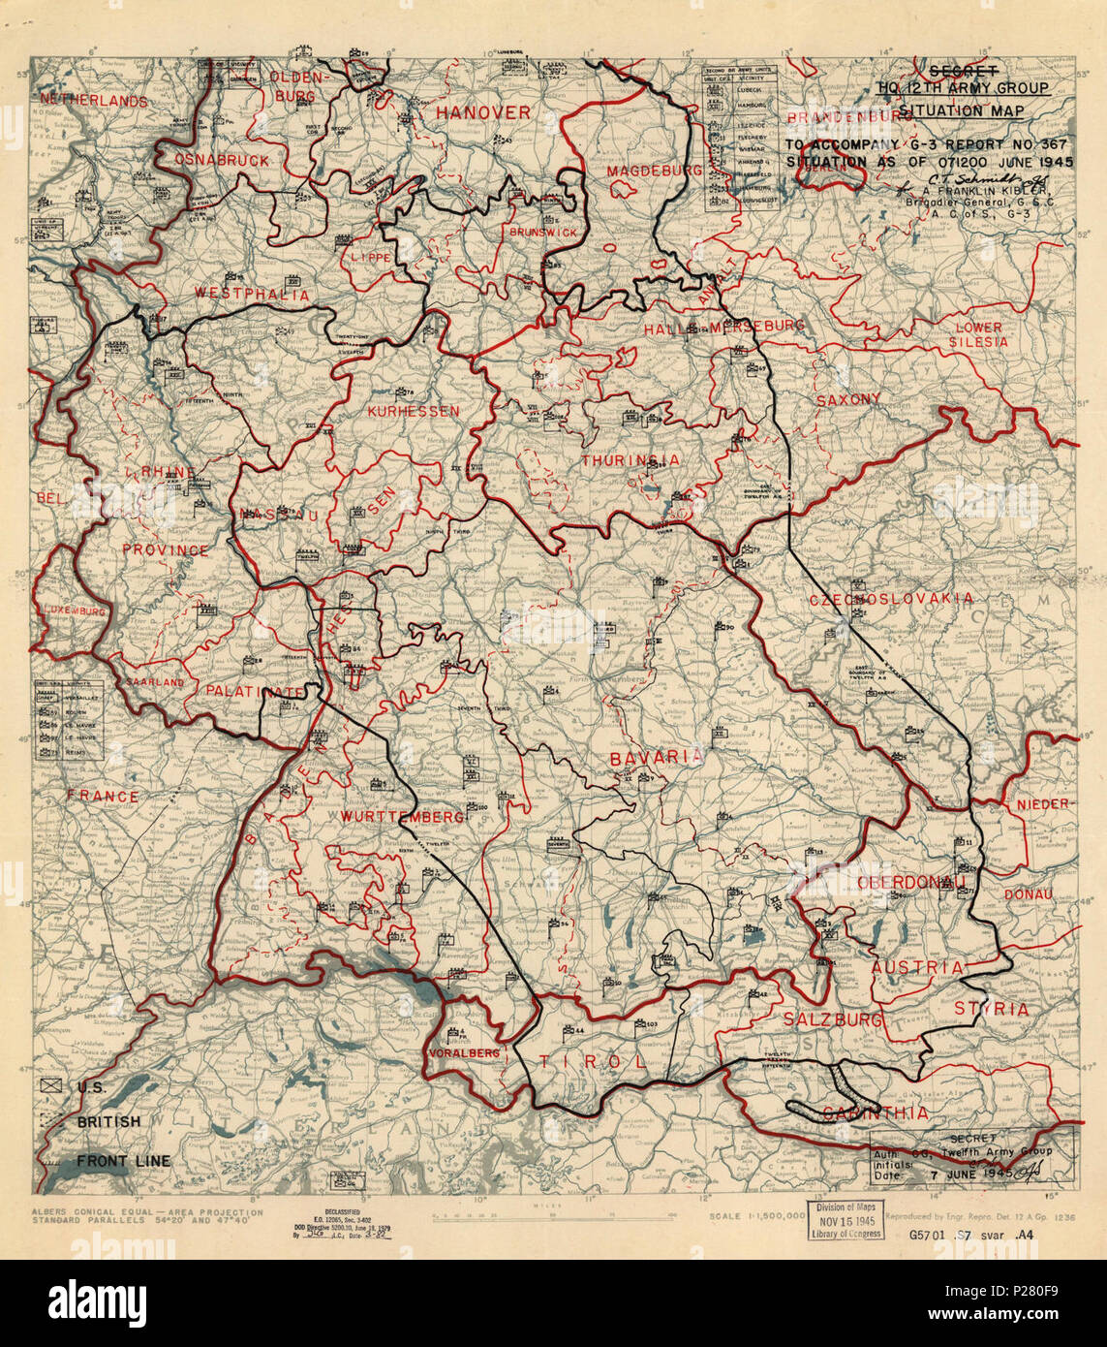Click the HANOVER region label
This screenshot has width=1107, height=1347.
click(x=482, y=113)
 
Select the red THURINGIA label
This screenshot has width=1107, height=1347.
click(x=630, y=460)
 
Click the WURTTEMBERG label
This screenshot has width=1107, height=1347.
click(x=402, y=818)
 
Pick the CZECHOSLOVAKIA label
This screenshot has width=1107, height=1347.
click(x=891, y=599)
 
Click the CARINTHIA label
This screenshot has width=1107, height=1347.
click(x=874, y=1112)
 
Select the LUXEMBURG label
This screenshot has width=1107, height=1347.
click(x=74, y=611)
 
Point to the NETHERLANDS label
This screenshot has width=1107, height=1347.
click(x=93, y=101)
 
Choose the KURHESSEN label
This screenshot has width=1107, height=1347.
click(x=413, y=411)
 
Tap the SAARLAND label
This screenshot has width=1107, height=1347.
click(x=153, y=682)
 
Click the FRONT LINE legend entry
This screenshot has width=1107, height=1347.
click(x=123, y=1161)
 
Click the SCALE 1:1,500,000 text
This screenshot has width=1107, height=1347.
click(x=755, y=1215)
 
